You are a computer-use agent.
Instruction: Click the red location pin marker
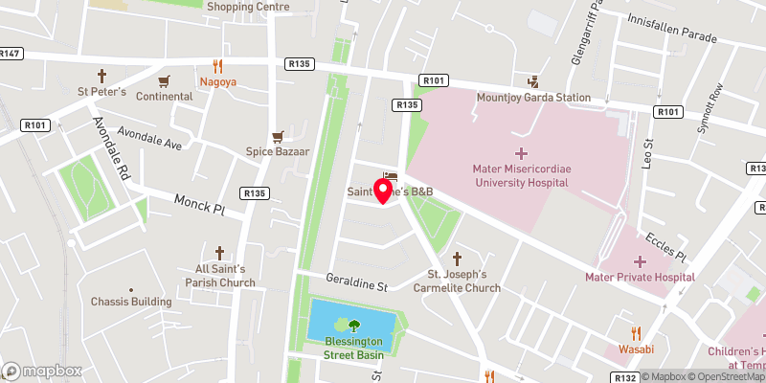pyautogui.click(x=383, y=191)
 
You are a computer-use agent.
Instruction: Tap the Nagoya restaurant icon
pyautogui.click(x=218, y=66)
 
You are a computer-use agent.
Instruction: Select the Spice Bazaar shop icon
pyautogui.click(x=279, y=136)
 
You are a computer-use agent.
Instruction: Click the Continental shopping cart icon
pyautogui.click(x=164, y=80)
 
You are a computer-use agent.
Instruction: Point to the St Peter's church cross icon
pyautogui.click(x=102, y=75)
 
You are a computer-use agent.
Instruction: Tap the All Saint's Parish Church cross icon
pyautogui.click(x=218, y=253)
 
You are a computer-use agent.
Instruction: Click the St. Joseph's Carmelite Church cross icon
pyautogui.click(x=457, y=259)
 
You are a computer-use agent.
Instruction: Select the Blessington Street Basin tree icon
pyautogui.click(x=354, y=326)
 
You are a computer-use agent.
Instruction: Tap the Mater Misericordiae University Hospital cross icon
pyautogui.click(x=521, y=153)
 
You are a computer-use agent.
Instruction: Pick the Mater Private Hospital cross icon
pyautogui.click(x=639, y=261)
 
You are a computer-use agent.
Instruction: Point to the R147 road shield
pyautogui.click(x=11, y=54)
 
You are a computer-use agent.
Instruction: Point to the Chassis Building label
pyautogui.click(x=131, y=302)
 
